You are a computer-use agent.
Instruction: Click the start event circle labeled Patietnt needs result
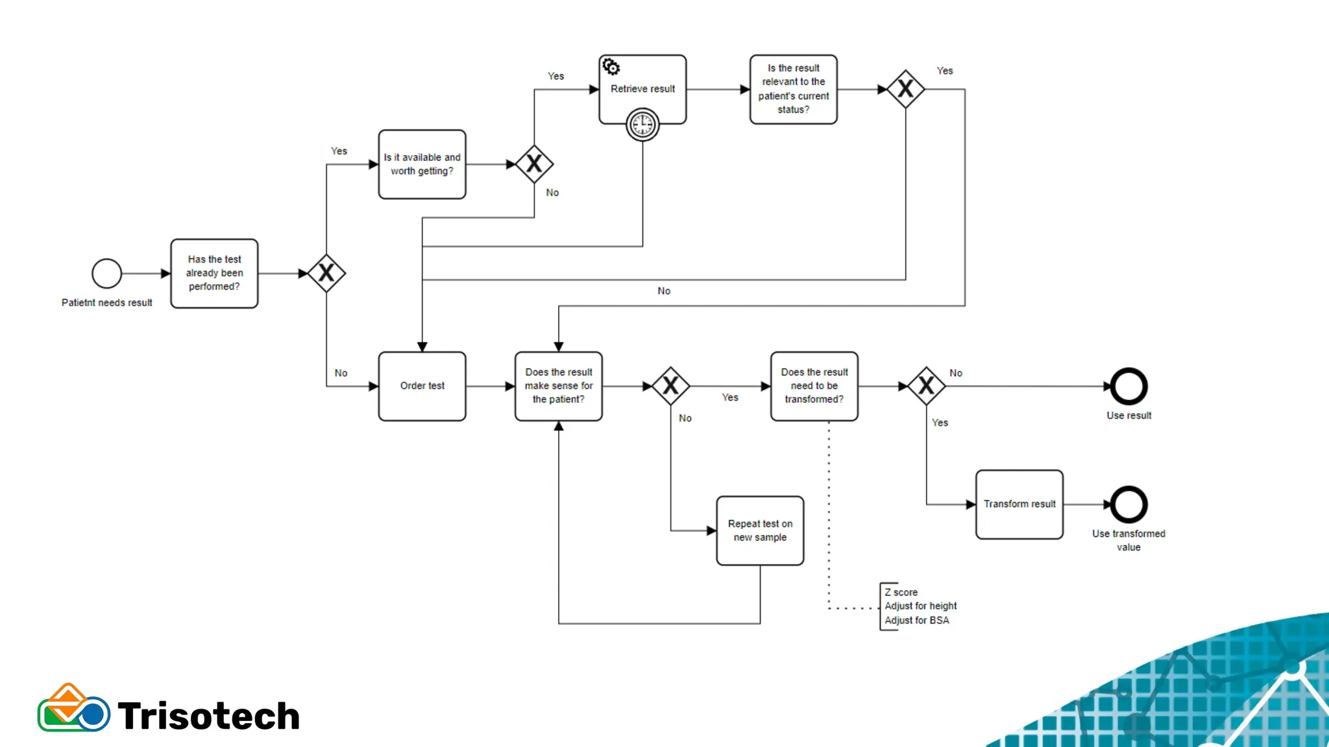point(107,274)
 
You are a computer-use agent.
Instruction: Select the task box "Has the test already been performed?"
point(214,273)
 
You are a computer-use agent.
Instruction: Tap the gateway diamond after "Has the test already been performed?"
point(326,274)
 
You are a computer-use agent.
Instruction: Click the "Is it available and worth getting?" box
point(422,164)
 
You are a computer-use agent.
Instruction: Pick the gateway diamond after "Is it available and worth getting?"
point(534,164)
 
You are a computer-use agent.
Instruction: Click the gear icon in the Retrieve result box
point(611,67)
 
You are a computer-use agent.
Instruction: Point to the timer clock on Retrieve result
point(642,124)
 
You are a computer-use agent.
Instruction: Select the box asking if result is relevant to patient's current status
point(793,89)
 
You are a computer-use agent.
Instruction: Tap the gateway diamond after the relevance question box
point(905,89)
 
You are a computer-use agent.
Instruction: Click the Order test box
point(422,386)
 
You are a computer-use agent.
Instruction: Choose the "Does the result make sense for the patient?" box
point(558,386)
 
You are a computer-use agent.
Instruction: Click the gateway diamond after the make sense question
point(670,386)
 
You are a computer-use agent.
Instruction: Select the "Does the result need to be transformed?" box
point(814,386)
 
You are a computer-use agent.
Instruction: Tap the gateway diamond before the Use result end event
point(926,386)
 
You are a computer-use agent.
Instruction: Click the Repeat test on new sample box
point(760,530)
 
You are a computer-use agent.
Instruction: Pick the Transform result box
point(1019,504)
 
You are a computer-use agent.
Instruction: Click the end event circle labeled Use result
point(1128,386)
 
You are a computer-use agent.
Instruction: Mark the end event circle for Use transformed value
point(1128,504)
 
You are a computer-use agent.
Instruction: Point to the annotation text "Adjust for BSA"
point(916,621)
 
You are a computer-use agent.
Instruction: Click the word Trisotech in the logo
point(208,716)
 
